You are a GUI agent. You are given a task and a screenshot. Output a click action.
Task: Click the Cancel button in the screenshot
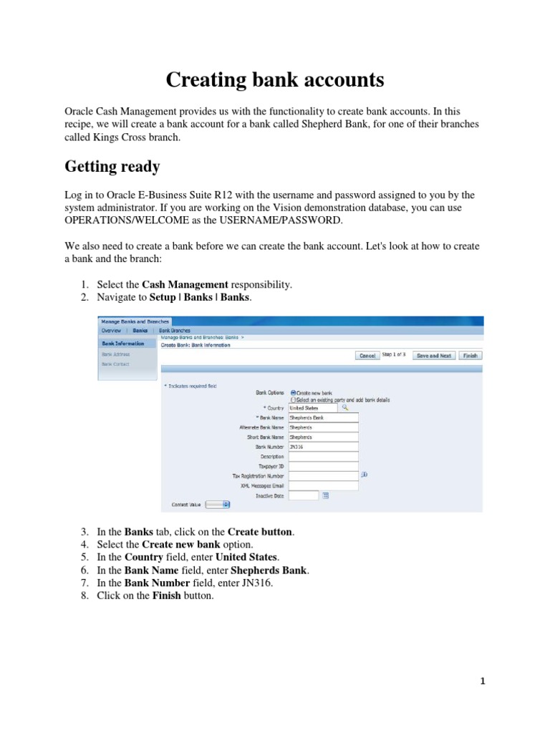pyautogui.click(x=367, y=355)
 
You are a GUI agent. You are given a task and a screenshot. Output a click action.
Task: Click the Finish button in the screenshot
pyautogui.click(x=470, y=355)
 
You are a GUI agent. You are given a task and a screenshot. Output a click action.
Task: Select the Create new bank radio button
pyautogui.click(x=294, y=393)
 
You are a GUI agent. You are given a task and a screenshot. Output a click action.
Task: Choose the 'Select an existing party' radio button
pyautogui.click(x=294, y=400)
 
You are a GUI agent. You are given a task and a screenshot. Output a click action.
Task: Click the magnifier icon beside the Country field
pyautogui.click(x=344, y=407)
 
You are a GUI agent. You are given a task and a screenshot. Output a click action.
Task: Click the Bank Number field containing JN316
pyautogui.click(x=322, y=446)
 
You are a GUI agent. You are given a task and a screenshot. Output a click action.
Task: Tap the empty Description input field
pyautogui.click(x=322, y=456)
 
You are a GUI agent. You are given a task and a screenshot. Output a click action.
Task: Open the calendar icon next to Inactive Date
pyautogui.click(x=325, y=495)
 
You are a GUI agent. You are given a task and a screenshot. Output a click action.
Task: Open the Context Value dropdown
pyautogui.click(x=218, y=505)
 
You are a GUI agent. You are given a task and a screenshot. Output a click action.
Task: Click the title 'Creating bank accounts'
pyautogui.click(x=275, y=80)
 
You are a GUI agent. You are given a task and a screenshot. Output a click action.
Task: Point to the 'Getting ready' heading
pyautogui.click(x=112, y=167)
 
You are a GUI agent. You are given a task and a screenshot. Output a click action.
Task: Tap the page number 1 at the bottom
pyautogui.click(x=483, y=681)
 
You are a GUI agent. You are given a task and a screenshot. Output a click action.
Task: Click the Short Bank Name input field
pyautogui.click(x=322, y=437)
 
